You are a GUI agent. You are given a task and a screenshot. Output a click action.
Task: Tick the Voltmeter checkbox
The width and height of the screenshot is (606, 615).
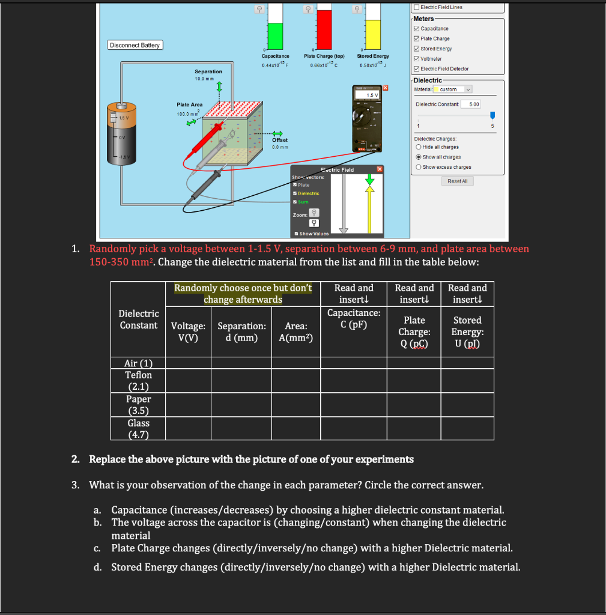coord(417,59)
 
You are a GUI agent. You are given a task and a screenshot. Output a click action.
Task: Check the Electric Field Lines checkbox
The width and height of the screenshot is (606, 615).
coord(416,7)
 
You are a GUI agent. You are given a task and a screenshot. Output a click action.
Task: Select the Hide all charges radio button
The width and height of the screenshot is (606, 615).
coord(418,147)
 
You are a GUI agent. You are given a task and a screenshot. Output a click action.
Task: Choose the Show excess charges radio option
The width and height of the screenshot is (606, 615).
coord(418,167)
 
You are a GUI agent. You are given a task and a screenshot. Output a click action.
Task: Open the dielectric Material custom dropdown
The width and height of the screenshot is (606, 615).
coord(454,89)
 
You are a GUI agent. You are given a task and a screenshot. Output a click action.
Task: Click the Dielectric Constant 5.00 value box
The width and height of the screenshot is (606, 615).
coord(474,105)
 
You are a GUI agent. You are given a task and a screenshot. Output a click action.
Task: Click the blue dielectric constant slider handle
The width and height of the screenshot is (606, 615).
coord(493,115)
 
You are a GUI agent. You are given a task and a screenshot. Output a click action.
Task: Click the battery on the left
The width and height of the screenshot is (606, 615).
coord(123,135)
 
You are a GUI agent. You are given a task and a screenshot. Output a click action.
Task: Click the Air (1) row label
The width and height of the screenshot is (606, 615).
coord(138,363)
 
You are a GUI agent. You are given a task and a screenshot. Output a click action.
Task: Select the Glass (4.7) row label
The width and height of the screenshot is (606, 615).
coord(138,429)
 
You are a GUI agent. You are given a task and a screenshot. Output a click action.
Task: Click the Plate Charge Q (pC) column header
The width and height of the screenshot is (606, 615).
coord(414,332)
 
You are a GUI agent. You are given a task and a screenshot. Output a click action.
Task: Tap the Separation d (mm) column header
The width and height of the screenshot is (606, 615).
coord(241,332)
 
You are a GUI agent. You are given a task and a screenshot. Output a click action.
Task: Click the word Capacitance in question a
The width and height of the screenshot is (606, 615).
coord(139,510)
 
